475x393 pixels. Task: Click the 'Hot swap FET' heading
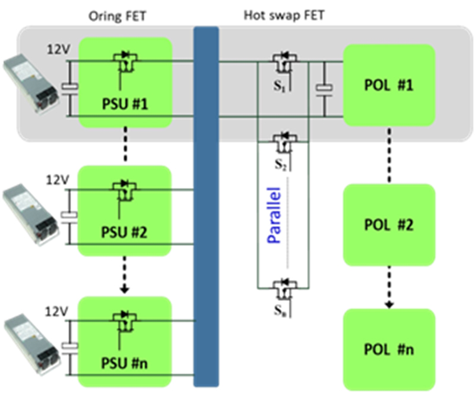[284, 16]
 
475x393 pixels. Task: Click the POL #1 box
[389, 85]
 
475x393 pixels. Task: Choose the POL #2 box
[389, 225]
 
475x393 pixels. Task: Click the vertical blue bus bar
[207, 208]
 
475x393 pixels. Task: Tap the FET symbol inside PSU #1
[123, 61]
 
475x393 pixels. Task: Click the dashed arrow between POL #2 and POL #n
[389, 287]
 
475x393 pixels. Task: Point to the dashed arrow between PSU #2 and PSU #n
[124, 276]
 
